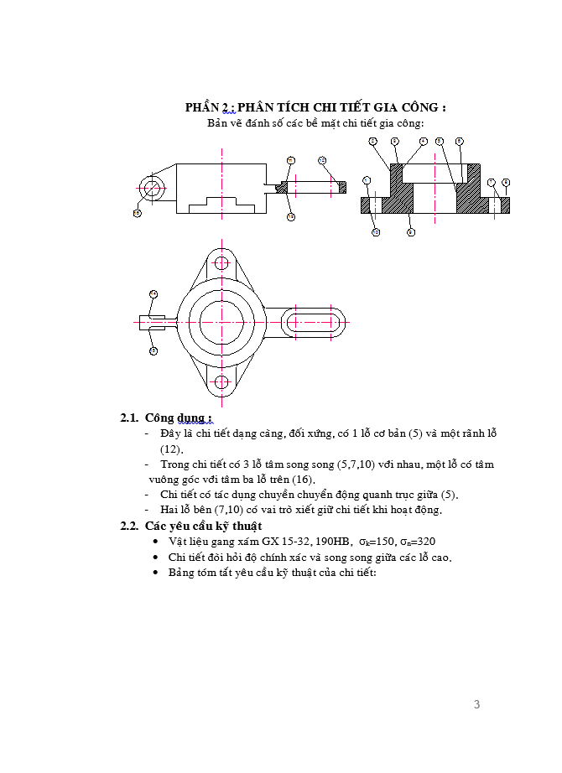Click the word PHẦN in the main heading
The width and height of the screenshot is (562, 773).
[201, 107]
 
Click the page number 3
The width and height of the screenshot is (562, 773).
[476, 704]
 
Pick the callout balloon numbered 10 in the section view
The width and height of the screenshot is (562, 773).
[376, 232]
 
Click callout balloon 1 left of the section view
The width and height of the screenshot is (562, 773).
[367, 180]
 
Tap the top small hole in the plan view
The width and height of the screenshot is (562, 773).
[221, 263]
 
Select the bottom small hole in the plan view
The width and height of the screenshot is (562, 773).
[221, 382]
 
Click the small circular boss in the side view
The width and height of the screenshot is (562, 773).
[152, 188]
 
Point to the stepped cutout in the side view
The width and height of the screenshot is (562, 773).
[221, 205]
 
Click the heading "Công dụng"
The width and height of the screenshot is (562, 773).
[179, 418]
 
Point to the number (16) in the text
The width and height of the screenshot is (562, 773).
[302, 479]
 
